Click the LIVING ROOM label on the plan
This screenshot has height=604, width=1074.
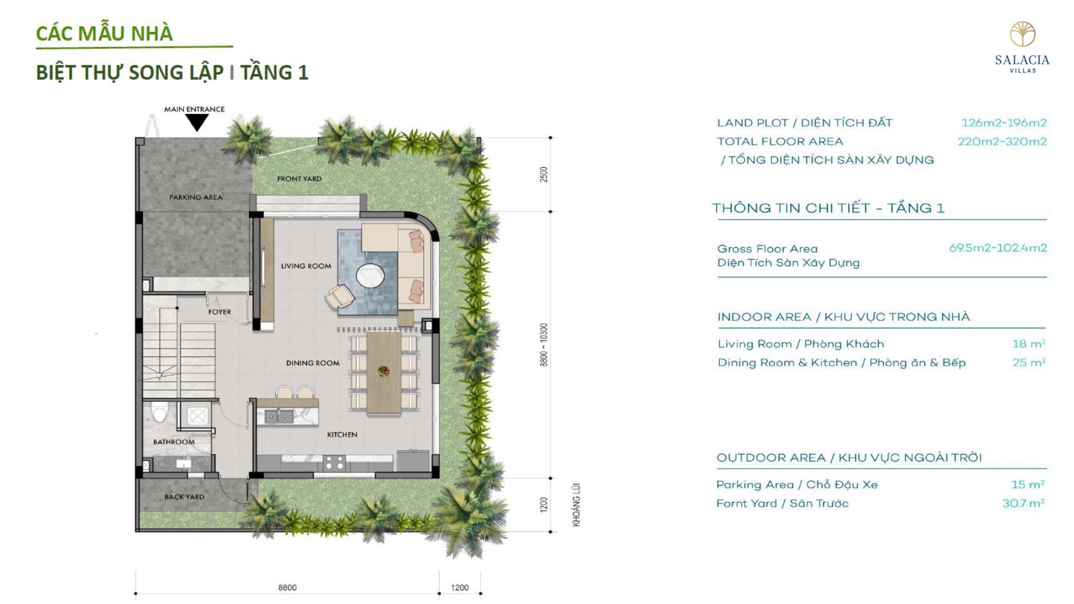click(306, 266)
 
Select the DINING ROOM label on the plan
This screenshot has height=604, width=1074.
click(313, 363)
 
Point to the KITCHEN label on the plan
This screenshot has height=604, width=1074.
click(342, 435)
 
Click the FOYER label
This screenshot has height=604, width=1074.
click(219, 312)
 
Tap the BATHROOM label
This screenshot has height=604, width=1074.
click(174, 442)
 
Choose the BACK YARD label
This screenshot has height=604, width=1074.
click(185, 497)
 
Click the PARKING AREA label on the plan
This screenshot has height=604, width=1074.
click(196, 197)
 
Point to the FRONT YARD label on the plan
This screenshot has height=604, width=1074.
click(299, 179)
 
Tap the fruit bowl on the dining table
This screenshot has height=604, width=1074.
click(384, 370)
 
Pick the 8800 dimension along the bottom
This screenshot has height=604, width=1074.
click(288, 588)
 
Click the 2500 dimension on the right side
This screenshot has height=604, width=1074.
click(544, 174)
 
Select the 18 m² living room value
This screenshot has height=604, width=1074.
click(1029, 344)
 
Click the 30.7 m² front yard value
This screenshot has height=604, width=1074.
click(1023, 503)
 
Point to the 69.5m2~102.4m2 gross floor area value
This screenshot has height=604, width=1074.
click(998, 248)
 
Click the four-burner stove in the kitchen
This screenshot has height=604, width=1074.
click(335, 463)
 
